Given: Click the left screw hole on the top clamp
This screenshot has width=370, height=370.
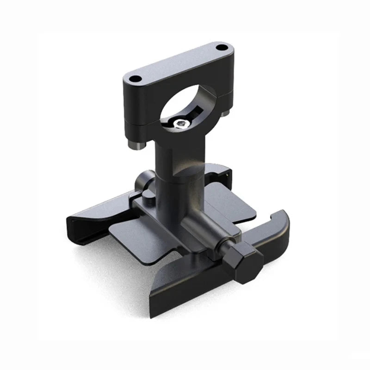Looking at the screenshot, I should (x=135, y=79).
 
